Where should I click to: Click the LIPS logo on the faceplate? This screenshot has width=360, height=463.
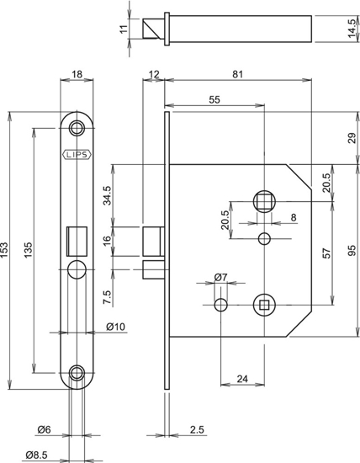(77, 154)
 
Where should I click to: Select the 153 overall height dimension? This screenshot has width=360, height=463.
(7, 250)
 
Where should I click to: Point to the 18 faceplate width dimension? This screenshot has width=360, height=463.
(77, 76)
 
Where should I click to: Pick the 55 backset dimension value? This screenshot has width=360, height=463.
(214, 99)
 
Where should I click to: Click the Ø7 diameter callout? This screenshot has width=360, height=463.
(221, 277)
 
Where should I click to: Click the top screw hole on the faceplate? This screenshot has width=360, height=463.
(77, 127)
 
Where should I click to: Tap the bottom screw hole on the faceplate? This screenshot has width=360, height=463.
(77, 373)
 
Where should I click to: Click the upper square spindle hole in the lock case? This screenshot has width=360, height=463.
(264, 200)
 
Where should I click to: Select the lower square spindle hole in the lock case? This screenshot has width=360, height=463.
(264, 303)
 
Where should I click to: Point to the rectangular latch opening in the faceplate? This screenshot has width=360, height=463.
(77, 239)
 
